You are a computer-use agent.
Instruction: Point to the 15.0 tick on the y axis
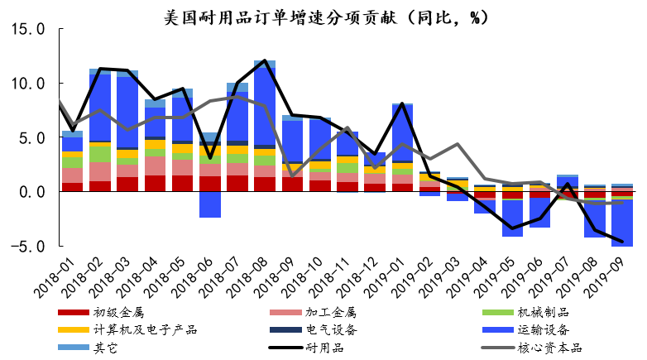click(30, 30)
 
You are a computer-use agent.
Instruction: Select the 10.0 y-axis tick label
click(30, 84)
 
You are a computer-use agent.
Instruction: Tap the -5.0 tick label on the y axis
click(30, 246)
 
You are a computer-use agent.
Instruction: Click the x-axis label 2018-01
click(55, 280)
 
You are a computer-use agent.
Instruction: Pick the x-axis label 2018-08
click(246, 280)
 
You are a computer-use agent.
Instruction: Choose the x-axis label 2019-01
click(382, 280)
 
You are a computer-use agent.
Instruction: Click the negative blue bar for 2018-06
click(209, 204)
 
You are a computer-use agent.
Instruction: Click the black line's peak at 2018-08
click(264, 60)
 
